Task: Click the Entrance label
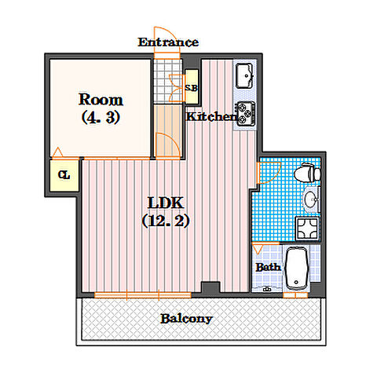click(168, 42)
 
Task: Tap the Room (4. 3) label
click(101, 108)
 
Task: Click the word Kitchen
click(211, 116)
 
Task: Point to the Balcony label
click(186, 319)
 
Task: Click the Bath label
click(268, 267)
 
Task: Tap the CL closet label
click(64, 175)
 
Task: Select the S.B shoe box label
click(191, 87)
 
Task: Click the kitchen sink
click(244, 75)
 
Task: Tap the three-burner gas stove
click(246, 113)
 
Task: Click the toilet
click(307, 173)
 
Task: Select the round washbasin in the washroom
click(312, 199)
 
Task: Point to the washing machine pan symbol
click(307, 229)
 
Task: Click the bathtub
click(296, 268)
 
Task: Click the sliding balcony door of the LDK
click(143, 295)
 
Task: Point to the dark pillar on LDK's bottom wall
click(210, 287)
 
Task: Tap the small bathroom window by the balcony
click(295, 295)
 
